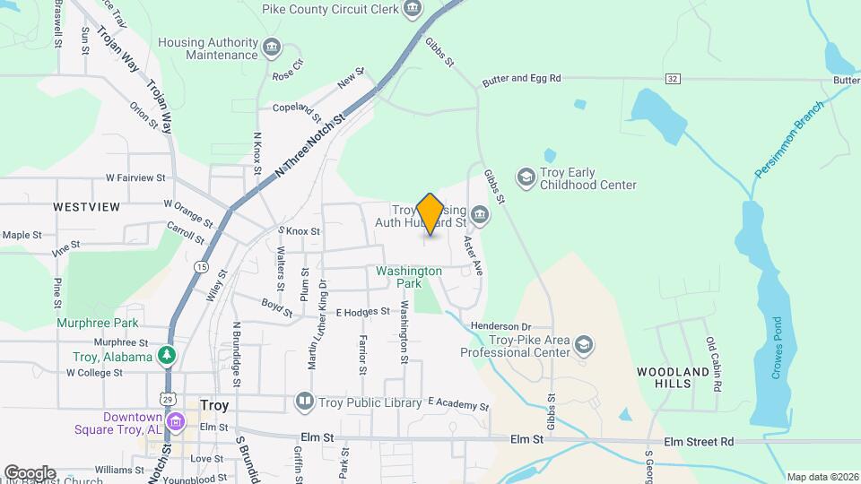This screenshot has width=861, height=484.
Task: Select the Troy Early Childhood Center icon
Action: [x=526, y=177]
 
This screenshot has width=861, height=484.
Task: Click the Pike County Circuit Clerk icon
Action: [x=412, y=9]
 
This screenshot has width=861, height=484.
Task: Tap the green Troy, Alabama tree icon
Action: [x=166, y=357]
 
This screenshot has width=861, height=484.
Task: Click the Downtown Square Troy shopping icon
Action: [x=176, y=421]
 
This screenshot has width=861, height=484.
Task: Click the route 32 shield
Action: [x=673, y=79]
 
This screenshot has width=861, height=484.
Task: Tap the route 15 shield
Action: [x=202, y=267]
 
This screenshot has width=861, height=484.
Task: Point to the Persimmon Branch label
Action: [x=789, y=139]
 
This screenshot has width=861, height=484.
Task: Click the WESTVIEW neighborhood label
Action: [x=86, y=207]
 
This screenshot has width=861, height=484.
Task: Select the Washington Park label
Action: [x=409, y=276]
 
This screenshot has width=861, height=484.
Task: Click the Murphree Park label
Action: [x=98, y=323]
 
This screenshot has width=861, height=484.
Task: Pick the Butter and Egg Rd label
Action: [x=521, y=79]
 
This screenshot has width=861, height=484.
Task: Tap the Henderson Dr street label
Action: [x=501, y=326]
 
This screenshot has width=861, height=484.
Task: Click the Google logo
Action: [x=30, y=472]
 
